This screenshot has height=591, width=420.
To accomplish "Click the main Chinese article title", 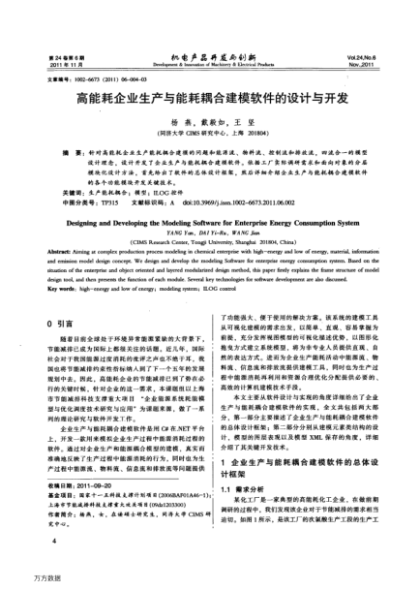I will (x=210, y=98).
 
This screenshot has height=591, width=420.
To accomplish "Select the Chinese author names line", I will (x=210, y=117).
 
